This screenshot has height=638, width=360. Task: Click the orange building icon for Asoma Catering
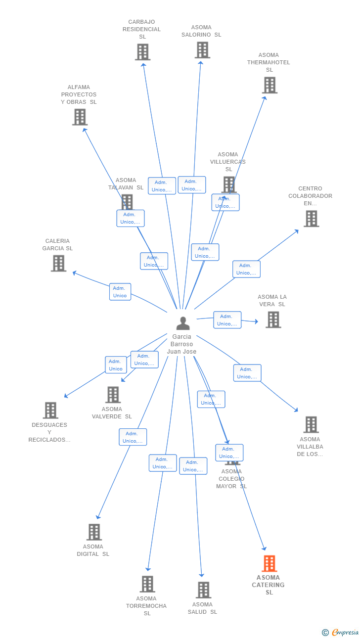269,563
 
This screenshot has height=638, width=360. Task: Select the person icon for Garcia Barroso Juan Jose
183,323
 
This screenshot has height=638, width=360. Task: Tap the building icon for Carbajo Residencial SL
142,52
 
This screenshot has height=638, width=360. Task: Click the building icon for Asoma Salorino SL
202,50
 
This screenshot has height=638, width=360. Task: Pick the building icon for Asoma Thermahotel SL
270,85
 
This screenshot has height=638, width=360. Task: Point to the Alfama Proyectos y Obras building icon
80,117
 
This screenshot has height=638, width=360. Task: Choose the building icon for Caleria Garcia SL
58,264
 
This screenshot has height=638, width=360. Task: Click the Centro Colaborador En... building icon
311,219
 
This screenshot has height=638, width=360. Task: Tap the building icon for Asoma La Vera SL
273,319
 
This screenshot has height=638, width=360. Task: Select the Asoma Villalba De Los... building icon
311,424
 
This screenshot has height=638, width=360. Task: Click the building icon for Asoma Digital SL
94,532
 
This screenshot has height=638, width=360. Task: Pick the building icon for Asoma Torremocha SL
147,584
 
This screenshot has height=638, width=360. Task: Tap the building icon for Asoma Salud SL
203,590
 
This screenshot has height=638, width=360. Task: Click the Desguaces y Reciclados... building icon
50,410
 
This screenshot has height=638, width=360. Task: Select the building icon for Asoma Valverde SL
113,395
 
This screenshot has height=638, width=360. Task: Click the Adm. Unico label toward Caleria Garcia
120,292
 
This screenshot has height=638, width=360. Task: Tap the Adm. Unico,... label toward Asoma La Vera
227,320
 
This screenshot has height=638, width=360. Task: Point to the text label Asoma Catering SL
269,585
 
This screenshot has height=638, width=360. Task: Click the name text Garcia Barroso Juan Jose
181,344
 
